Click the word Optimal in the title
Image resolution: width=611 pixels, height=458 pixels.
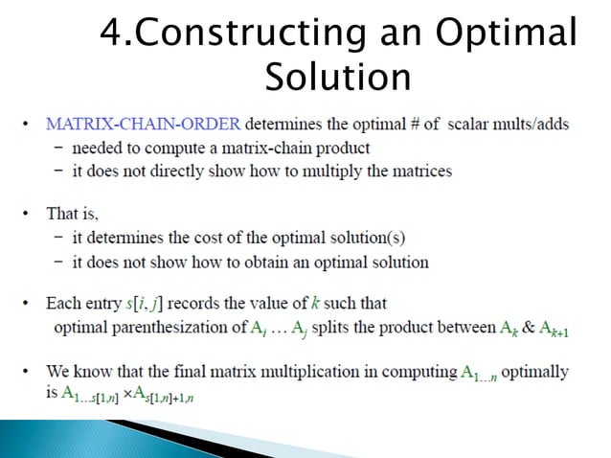pos(508,34)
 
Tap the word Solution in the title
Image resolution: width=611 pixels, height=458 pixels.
pos(338,77)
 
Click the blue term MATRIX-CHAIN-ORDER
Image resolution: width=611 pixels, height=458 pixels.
pos(143,124)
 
